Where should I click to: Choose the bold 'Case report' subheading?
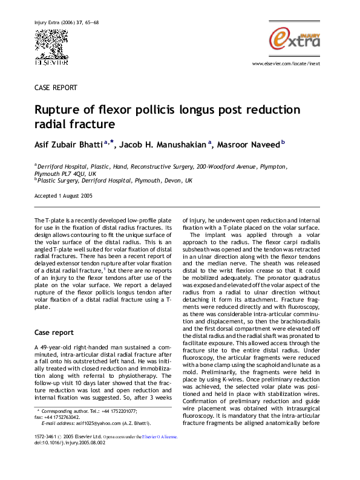pyautogui.click(x=55, y=332)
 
